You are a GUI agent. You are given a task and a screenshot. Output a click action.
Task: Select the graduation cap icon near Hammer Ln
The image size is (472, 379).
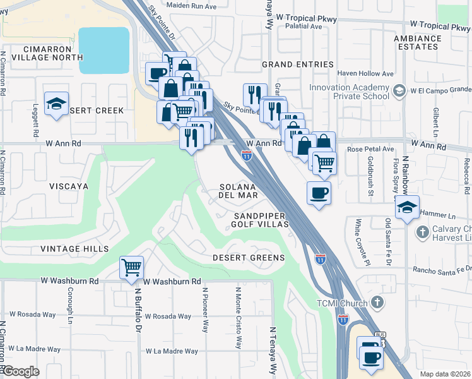click(x=408, y=208)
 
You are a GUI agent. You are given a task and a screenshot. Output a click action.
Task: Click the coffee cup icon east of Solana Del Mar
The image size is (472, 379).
click(x=319, y=193)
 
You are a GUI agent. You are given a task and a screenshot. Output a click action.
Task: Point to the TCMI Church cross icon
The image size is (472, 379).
click(x=377, y=303)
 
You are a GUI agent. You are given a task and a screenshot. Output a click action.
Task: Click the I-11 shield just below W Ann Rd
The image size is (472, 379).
click(x=247, y=155)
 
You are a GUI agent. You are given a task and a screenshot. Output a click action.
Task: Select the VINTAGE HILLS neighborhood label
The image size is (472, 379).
click(x=74, y=249)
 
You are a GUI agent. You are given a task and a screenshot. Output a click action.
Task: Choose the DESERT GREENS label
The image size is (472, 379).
click(x=248, y=258)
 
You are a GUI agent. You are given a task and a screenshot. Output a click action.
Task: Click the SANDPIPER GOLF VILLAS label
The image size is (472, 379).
click(x=259, y=220)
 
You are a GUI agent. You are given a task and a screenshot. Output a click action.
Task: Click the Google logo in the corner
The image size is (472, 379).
click(x=20, y=371)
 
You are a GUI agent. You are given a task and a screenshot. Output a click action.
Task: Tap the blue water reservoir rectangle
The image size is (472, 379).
click(x=103, y=44)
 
